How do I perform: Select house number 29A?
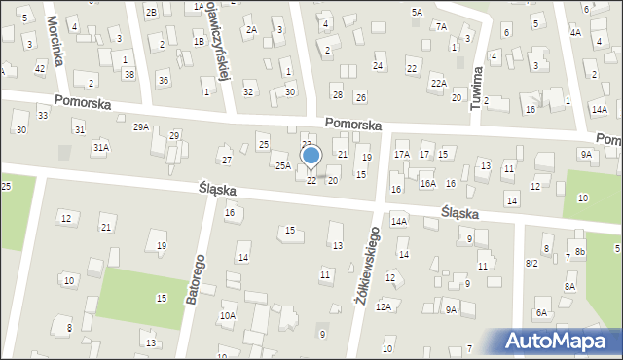coord(141,127)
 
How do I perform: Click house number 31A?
coord(100,147)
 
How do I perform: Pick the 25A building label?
coord(282,166)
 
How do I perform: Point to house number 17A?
coord(401,155)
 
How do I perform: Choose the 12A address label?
coord(384,306)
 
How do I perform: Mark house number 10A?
coord(227,315)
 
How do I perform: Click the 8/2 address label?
coord(531,264)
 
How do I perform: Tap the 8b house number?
coord(579,252)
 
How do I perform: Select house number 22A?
coord(438,84)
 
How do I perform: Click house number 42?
coord(40,68)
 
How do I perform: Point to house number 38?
coord(128,74)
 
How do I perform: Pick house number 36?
coord(163,80)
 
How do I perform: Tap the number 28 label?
coord(337,94)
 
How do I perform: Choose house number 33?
coord(43,116)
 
